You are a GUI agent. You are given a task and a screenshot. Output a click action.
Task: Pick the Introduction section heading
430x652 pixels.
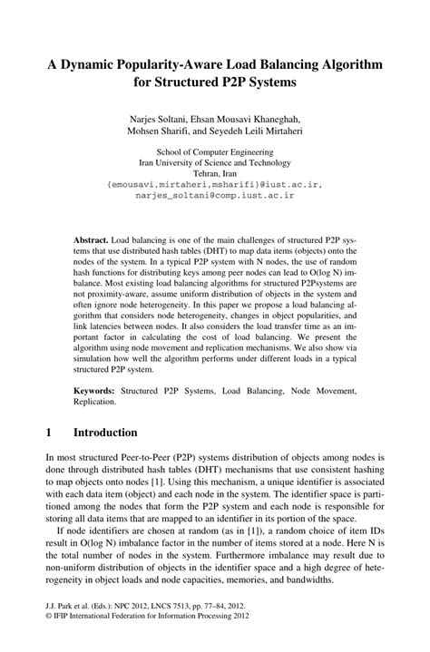click(105, 433)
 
